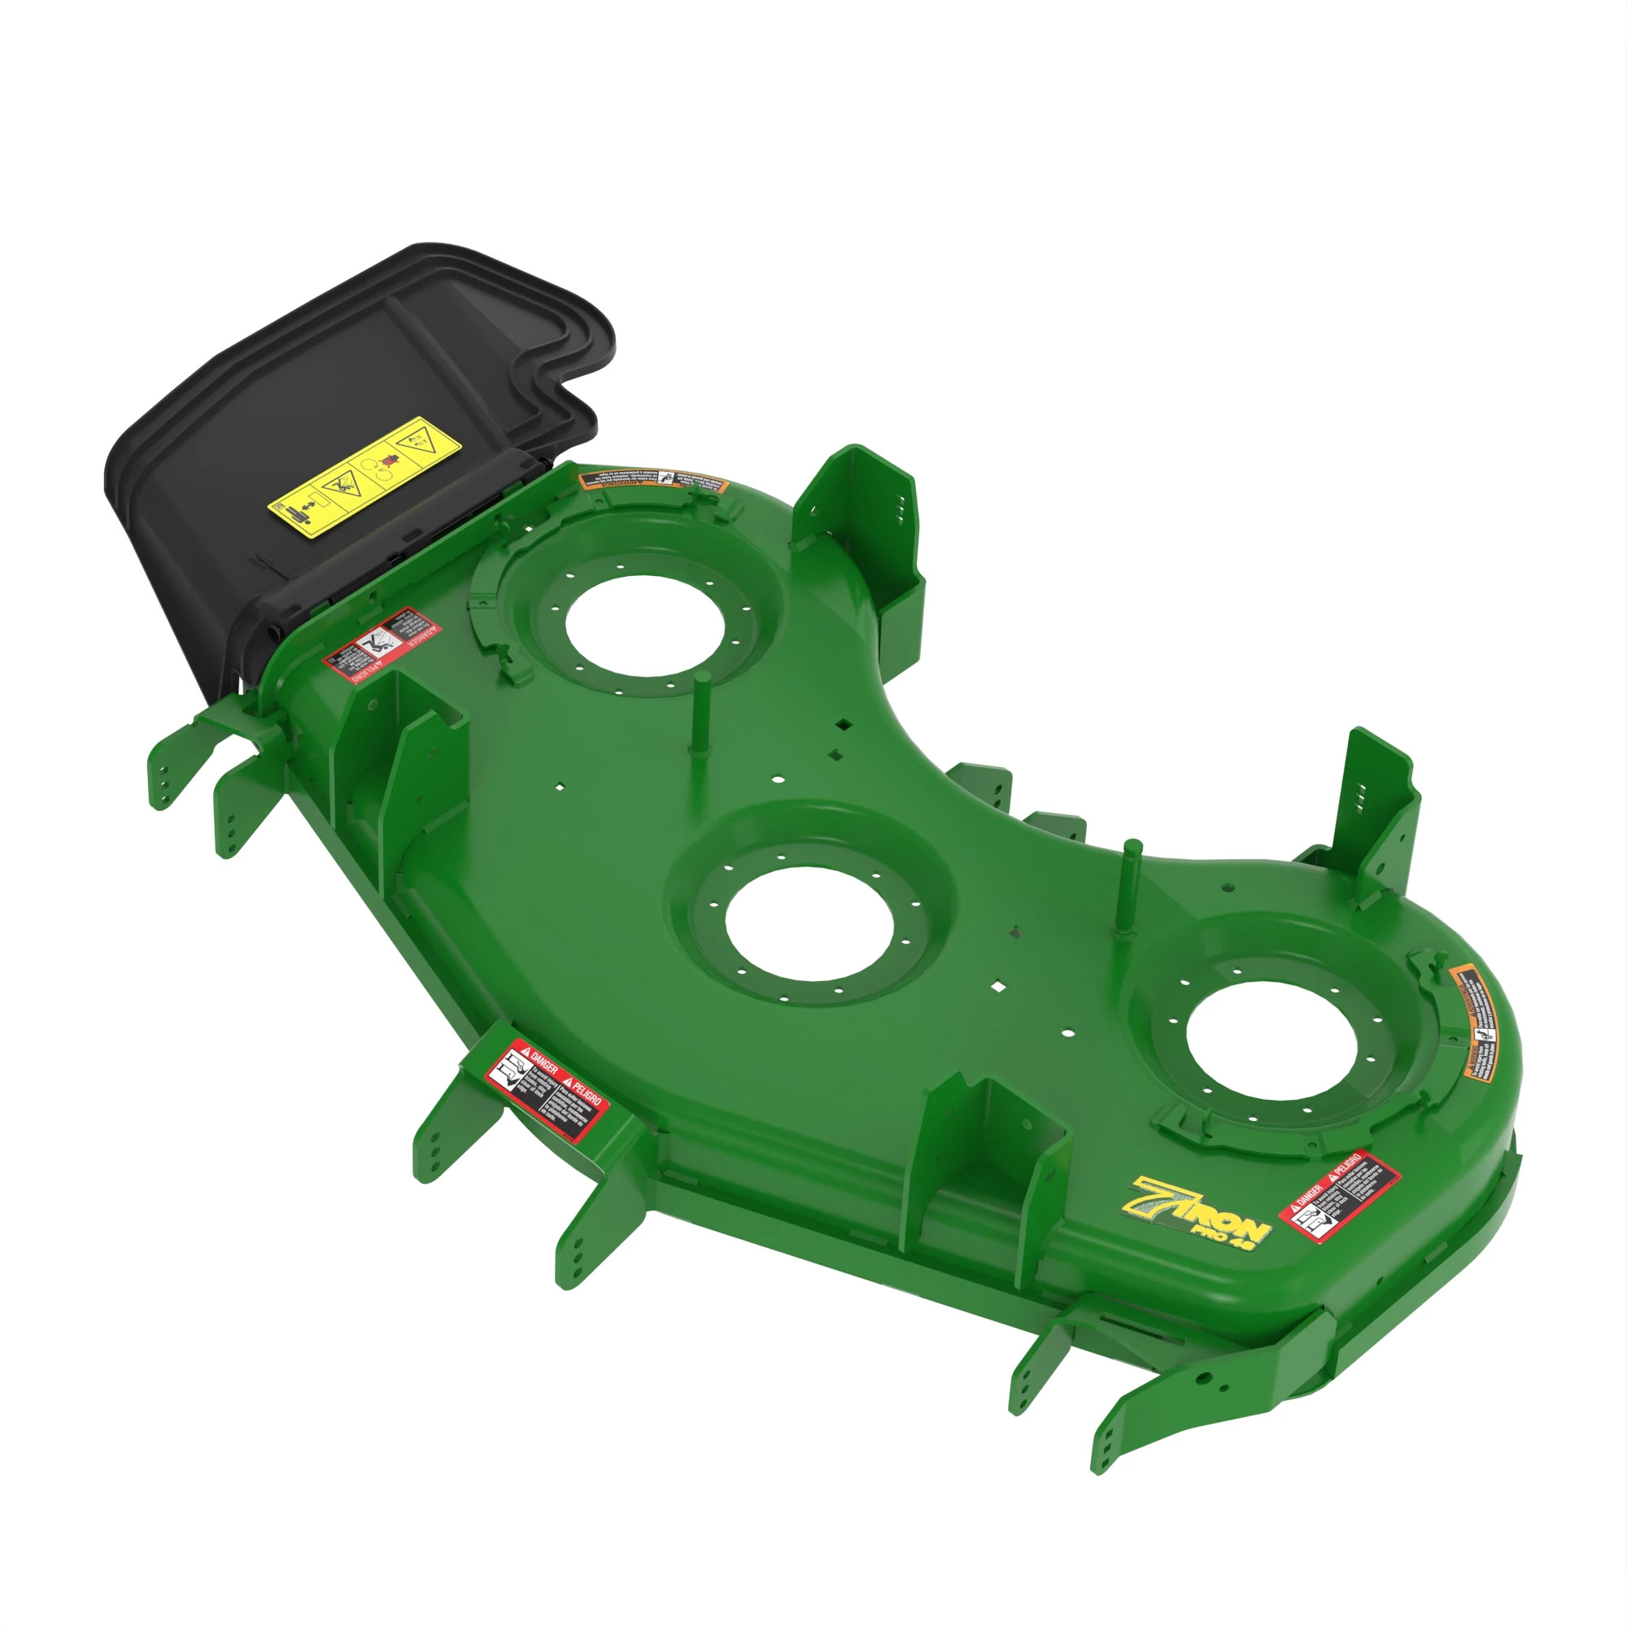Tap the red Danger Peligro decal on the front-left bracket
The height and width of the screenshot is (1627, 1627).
click(x=547, y=1091)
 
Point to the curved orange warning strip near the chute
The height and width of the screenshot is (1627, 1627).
click(x=652, y=482)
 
